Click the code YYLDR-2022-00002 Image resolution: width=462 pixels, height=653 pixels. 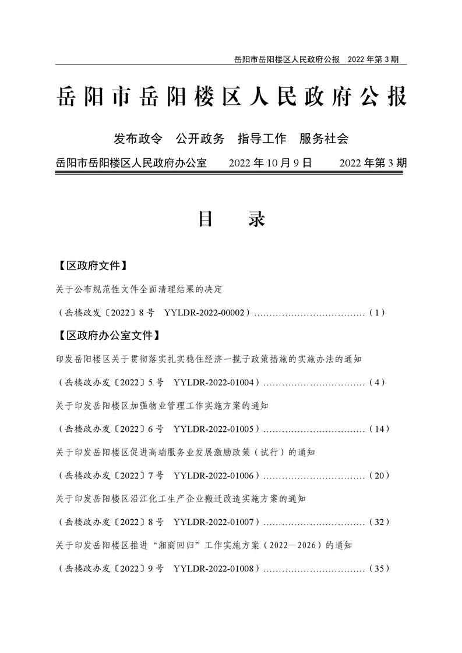(x=207, y=313)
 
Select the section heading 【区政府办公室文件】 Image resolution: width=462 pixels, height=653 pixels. (x=108, y=336)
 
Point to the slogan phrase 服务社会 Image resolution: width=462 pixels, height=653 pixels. (x=324, y=139)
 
